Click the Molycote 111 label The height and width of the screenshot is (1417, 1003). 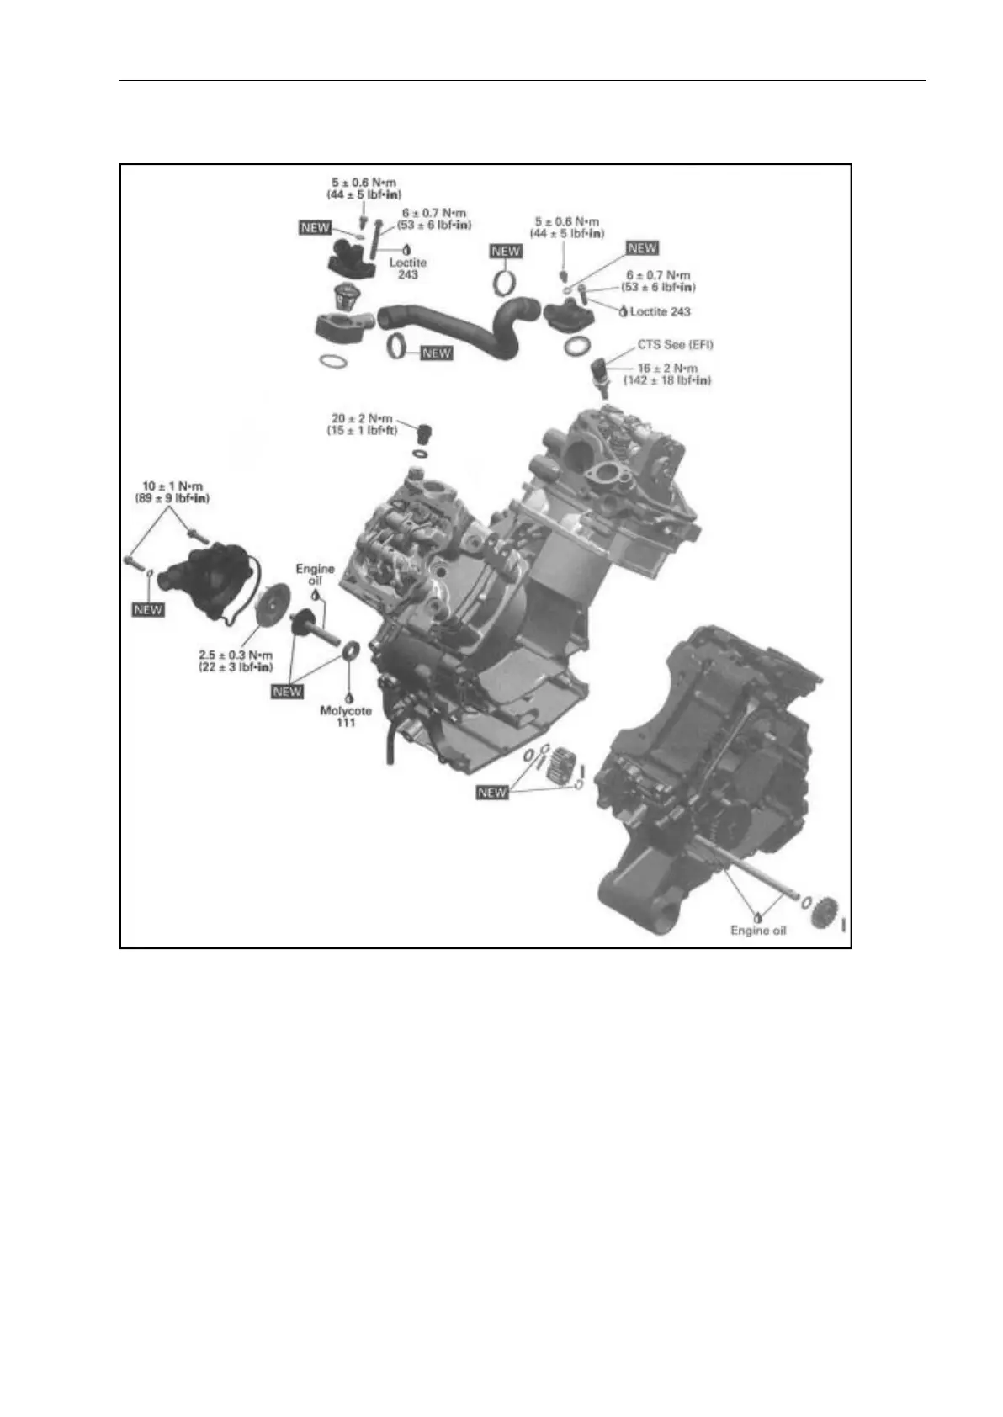(x=346, y=716)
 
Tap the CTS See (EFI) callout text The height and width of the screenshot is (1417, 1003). (x=675, y=345)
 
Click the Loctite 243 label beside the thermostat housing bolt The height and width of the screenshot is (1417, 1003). (x=408, y=268)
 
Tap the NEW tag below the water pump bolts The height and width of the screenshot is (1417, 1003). (x=148, y=609)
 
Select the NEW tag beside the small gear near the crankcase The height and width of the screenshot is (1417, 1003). (x=492, y=792)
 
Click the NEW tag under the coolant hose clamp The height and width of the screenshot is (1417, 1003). (x=436, y=353)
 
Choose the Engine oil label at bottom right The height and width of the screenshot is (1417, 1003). (x=758, y=931)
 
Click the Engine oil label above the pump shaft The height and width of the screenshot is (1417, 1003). (x=315, y=575)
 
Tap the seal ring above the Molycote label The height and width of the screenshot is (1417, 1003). (x=351, y=650)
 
